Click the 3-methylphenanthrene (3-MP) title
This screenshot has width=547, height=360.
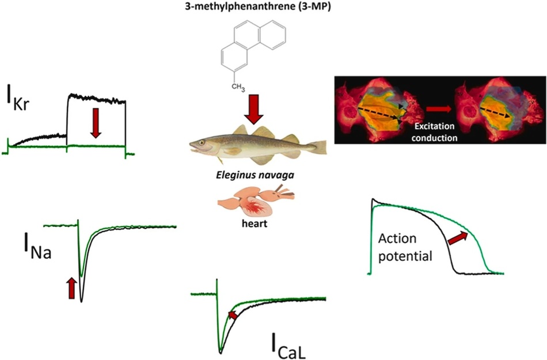click(258, 7)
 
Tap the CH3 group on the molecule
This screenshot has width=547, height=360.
click(238, 86)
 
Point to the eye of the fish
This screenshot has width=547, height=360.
click(202, 142)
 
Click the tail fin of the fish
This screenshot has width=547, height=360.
click(318, 147)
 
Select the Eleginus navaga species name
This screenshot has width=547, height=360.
click(254, 175)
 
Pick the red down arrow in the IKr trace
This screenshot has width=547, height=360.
click(96, 122)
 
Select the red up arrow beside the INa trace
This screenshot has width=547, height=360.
click(71, 288)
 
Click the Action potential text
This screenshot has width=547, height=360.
click(405, 247)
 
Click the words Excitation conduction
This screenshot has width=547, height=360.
click(434, 132)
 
